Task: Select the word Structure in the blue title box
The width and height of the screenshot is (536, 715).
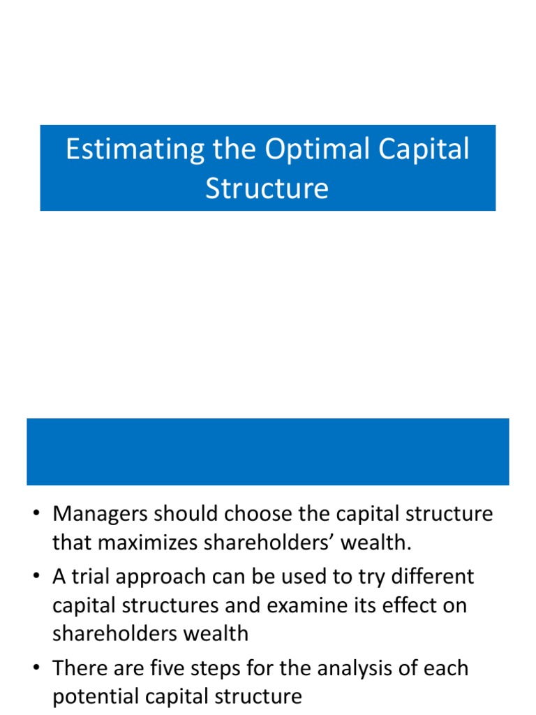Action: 267,189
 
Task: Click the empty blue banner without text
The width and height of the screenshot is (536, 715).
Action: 267,451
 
